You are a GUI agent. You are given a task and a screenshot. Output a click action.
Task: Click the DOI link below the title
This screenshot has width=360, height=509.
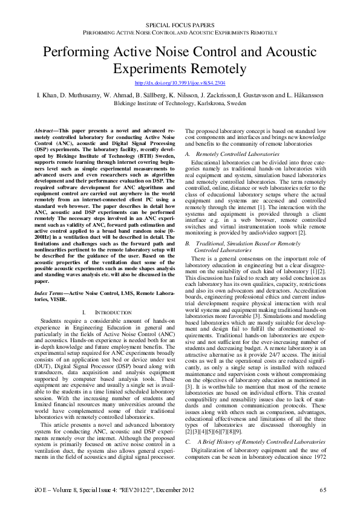pyautogui.click(x=180, y=82)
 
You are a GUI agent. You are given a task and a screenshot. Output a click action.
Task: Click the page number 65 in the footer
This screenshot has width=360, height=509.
pyautogui.click(x=323, y=489)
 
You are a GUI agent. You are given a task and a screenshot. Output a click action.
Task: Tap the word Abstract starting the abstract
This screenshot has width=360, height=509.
pyautogui.click(x=44, y=131)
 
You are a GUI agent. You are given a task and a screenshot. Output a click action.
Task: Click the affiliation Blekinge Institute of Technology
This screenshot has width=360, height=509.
pyautogui.click(x=155, y=103)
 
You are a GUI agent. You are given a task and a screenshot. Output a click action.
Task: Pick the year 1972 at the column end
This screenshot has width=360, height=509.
pyautogui.click(x=320, y=458)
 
